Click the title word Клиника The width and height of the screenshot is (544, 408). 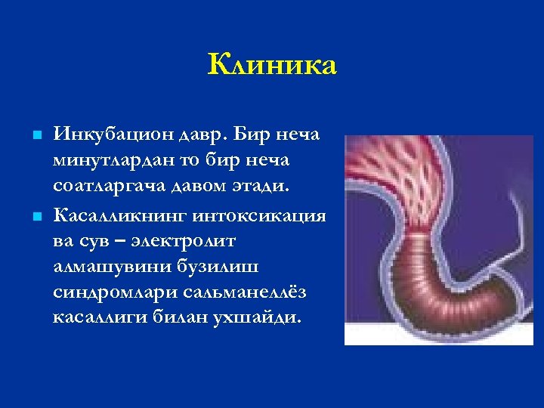tap(272, 65)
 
